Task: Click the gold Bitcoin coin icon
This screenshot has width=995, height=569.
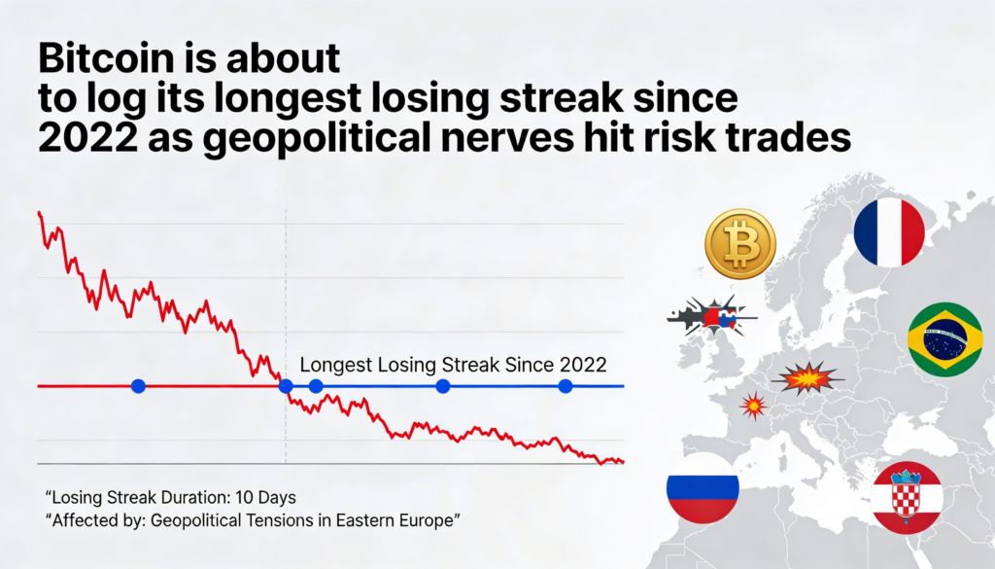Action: pos(740,244)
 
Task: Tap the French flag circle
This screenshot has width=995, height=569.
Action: pos(889,231)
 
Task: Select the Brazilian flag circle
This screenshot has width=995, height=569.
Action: pos(944,339)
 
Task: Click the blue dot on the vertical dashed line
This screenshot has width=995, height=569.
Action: pos(286,386)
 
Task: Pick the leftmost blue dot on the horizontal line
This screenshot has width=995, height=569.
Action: pos(138,386)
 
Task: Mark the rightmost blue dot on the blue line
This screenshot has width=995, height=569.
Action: pos(566,386)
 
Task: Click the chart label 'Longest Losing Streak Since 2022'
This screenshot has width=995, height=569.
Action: pos(454,365)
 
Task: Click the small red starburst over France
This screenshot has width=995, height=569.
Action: pos(753,405)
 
